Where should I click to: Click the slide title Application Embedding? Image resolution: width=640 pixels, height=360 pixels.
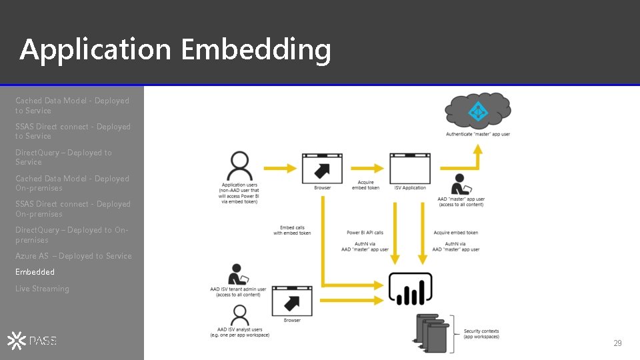pyautogui.click(x=175, y=50)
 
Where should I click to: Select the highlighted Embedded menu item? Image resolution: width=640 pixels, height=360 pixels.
pyautogui.click(x=35, y=272)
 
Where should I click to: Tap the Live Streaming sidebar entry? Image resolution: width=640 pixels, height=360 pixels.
pyautogui.click(x=42, y=289)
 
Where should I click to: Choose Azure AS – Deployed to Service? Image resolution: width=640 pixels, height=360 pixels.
pyautogui.click(x=73, y=256)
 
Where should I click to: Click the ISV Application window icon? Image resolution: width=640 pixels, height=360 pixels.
pyautogui.click(x=410, y=169)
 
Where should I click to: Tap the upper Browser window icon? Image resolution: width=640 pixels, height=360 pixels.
pyautogui.click(x=323, y=169)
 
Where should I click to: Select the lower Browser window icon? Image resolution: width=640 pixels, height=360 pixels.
pyautogui.click(x=292, y=301)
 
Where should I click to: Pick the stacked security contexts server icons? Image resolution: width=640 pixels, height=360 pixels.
pyautogui.click(x=431, y=333)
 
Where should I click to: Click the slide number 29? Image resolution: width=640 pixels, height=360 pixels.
pyautogui.click(x=617, y=343)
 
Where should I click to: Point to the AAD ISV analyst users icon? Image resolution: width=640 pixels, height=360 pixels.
pyautogui.click(x=239, y=315)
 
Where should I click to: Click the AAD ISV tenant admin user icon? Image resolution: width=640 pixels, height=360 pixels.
pyautogui.click(x=238, y=275)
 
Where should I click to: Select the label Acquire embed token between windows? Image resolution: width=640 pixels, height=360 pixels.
pyautogui.click(x=365, y=185)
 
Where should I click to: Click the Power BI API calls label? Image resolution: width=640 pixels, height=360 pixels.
pyautogui.click(x=365, y=233)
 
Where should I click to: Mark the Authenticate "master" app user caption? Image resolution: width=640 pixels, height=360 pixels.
pyautogui.click(x=478, y=134)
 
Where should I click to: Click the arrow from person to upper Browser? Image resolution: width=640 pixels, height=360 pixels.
pyautogui.click(x=280, y=169)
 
